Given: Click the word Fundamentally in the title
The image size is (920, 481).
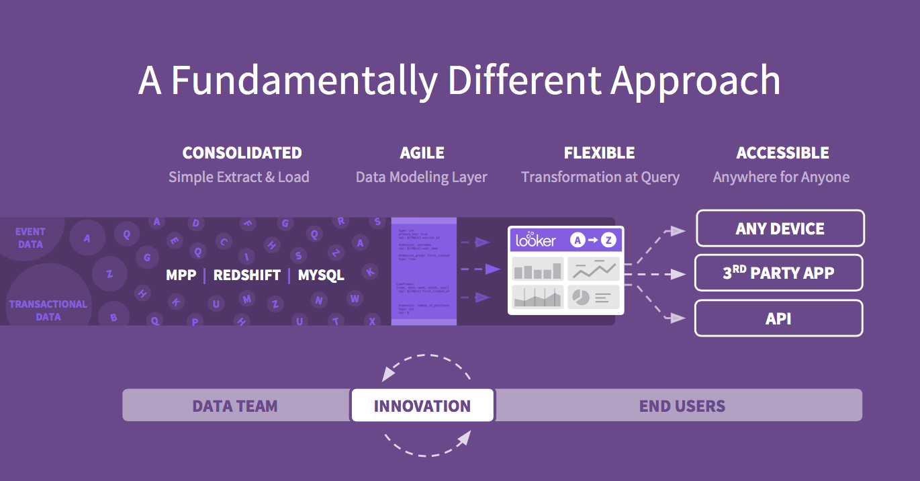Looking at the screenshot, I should click(304, 81).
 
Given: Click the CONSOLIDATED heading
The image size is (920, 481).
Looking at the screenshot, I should click(242, 153).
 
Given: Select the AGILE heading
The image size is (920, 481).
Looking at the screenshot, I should click(422, 153).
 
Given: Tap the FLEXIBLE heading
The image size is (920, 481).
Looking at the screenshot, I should click(599, 153).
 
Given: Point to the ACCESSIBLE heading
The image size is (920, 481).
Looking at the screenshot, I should click(782, 153).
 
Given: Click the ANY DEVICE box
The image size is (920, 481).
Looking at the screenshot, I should click(780, 228).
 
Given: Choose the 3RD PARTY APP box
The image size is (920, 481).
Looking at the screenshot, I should click(778, 273).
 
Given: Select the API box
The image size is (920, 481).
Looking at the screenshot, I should click(778, 318).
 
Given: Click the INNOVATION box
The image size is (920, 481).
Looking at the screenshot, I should click(422, 406).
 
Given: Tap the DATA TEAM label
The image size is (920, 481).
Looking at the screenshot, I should click(235, 406).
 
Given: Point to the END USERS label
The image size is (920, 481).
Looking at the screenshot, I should click(682, 406).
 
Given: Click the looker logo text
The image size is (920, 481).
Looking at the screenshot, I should click(535, 239).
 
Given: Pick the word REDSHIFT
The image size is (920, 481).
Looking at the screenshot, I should click(246, 275).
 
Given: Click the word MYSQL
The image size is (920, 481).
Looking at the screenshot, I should click(321, 275).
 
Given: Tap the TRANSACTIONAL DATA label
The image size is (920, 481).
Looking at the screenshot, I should click(48, 310).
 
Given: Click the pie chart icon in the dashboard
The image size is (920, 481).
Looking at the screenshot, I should click(581, 296).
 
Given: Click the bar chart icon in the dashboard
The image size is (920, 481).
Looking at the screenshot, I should click(537, 270).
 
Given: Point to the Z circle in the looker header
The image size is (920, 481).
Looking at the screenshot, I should click(608, 240).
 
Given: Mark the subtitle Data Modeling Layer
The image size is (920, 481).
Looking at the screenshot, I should click(421, 177).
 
